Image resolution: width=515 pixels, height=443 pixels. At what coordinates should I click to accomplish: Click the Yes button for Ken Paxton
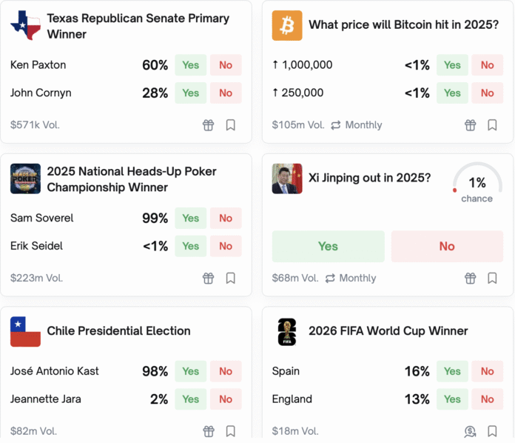click(x=191, y=65)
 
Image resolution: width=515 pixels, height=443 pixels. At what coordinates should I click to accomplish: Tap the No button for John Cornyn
click(x=226, y=93)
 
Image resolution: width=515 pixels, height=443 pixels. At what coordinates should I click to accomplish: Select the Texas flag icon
click(x=25, y=26)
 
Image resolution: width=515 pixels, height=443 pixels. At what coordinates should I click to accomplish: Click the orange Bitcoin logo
click(x=287, y=25)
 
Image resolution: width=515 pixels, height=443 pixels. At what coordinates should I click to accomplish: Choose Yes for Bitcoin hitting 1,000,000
click(x=452, y=65)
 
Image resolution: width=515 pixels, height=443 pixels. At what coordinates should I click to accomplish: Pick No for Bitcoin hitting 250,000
click(x=487, y=93)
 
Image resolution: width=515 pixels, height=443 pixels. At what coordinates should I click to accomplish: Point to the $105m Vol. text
click(x=298, y=125)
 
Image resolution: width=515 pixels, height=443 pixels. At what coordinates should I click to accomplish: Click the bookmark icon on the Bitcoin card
click(x=492, y=125)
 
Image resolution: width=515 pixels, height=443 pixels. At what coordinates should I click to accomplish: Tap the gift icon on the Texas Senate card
click(x=209, y=125)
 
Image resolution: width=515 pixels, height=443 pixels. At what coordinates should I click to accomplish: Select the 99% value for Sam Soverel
click(x=155, y=219)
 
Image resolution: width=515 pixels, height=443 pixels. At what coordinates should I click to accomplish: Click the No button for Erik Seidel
click(x=226, y=247)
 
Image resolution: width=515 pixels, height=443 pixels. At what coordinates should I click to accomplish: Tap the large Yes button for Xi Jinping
click(x=328, y=247)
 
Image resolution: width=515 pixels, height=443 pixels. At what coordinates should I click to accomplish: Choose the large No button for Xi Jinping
click(x=447, y=247)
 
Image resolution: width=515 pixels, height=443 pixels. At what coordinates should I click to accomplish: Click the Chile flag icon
click(x=25, y=332)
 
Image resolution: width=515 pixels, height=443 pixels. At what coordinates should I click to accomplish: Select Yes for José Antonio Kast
click(x=191, y=372)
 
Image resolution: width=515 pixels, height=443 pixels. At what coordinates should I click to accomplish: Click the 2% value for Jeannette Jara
click(x=158, y=399)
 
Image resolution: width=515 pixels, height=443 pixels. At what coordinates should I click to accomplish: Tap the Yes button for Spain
click(x=452, y=372)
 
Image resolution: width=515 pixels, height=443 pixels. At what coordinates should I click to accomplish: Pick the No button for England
click(x=487, y=399)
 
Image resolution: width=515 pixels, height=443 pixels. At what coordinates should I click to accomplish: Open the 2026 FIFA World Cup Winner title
click(x=388, y=331)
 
